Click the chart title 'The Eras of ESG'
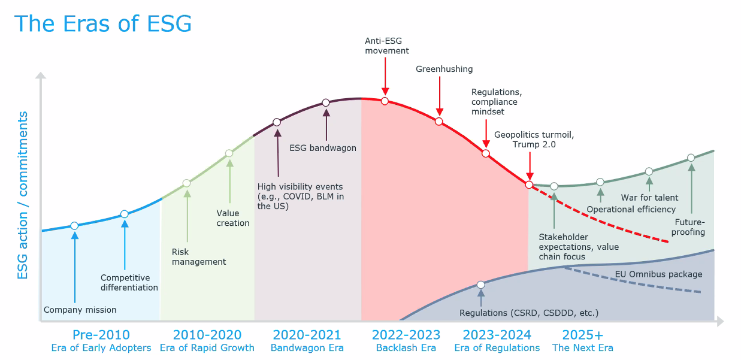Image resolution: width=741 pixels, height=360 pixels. [x=103, y=24]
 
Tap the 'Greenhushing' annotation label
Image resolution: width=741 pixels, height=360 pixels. [x=444, y=69]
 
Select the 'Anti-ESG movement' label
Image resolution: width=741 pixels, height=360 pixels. [x=387, y=46]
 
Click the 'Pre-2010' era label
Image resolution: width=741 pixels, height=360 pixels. [x=101, y=335]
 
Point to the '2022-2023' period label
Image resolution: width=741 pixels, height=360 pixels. [x=406, y=335]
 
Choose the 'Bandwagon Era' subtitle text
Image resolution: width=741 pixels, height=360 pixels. [x=307, y=348]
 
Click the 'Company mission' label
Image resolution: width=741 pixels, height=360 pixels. [x=80, y=310]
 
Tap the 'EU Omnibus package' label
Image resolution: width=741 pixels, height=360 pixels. [x=658, y=274]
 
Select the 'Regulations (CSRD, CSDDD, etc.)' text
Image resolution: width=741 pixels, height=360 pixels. [x=528, y=313]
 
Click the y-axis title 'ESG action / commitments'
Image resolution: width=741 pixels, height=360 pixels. [x=23, y=195]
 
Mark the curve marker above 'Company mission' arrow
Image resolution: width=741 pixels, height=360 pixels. [x=74, y=226]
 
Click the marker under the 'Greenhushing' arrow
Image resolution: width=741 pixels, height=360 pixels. [x=438, y=122]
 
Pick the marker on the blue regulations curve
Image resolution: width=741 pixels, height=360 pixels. [x=480, y=285]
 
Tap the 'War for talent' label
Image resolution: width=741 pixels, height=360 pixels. [x=649, y=198]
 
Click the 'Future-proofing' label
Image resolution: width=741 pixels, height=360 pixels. [x=688, y=227]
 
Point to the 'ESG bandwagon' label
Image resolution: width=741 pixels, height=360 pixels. [x=323, y=148]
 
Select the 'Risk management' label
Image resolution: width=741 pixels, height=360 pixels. [x=199, y=257]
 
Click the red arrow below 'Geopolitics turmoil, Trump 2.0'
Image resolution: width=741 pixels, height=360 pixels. [x=530, y=167]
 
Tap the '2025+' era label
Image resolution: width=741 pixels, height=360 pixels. [x=582, y=335]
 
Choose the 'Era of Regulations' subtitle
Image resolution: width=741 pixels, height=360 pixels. [x=497, y=348]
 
